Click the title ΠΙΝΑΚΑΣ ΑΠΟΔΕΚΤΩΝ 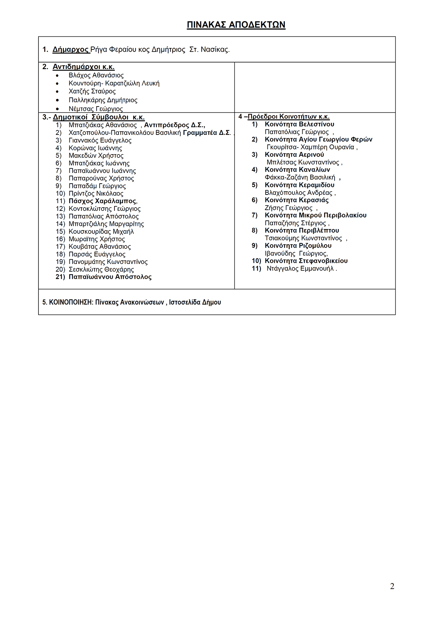[236, 25]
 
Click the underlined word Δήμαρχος [70, 49]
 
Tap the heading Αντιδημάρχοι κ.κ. [83, 67]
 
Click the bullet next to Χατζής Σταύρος [57, 92]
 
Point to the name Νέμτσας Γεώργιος [96, 109]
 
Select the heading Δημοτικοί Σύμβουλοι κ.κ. [98, 117]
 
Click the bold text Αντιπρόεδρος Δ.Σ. [174, 125]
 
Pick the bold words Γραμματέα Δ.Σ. [207, 133]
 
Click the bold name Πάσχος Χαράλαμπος [102, 201]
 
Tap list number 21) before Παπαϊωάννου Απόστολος [60, 277]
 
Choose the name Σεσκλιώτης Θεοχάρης [101, 269]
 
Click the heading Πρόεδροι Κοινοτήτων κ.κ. [288, 117]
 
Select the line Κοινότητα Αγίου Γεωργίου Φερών [318, 140]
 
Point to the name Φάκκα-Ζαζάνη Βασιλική [300, 177]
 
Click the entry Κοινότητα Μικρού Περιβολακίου [315, 215]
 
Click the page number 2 [392, 586]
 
